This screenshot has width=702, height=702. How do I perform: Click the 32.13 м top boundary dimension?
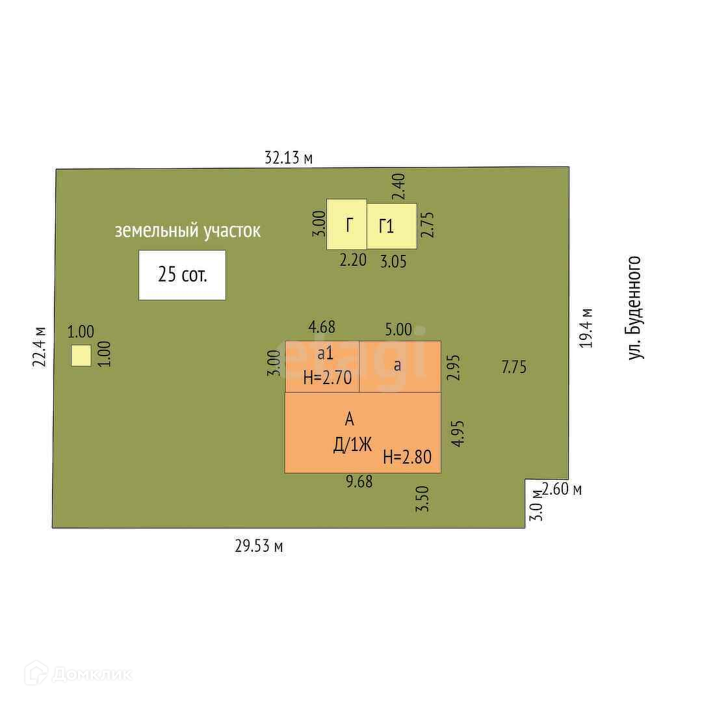(x=289, y=157)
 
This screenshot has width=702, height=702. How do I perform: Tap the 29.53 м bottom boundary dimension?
(x=259, y=547)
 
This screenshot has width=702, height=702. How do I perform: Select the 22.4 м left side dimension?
(x=40, y=346)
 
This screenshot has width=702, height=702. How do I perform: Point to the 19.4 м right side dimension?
(x=586, y=328)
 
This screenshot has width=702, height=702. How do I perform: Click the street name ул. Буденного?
(x=634, y=307)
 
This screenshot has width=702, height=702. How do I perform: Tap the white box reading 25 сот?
(x=182, y=275)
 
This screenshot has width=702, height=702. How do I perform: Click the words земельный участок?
(x=188, y=231)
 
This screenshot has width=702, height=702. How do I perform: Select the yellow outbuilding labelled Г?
(x=346, y=225)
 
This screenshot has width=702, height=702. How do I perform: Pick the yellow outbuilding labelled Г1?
(x=391, y=226)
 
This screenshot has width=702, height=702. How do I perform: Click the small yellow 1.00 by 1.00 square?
(x=81, y=356)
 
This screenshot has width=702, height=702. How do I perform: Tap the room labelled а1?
(x=322, y=354)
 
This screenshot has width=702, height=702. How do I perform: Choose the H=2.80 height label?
(x=407, y=456)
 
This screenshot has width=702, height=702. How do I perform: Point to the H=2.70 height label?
(x=327, y=377)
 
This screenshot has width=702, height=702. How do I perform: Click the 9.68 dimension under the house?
(x=359, y=482)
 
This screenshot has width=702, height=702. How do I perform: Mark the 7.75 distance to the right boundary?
(x=513, y=367)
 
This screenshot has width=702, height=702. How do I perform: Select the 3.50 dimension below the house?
(x=422, y=499)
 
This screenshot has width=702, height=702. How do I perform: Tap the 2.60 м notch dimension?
(x=562, y=489)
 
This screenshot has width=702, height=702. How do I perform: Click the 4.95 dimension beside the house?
(x=458, y=433)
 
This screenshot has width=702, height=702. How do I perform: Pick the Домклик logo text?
(x=91, y=674)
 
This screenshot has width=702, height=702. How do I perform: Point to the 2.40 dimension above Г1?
(x=399, y=186)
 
